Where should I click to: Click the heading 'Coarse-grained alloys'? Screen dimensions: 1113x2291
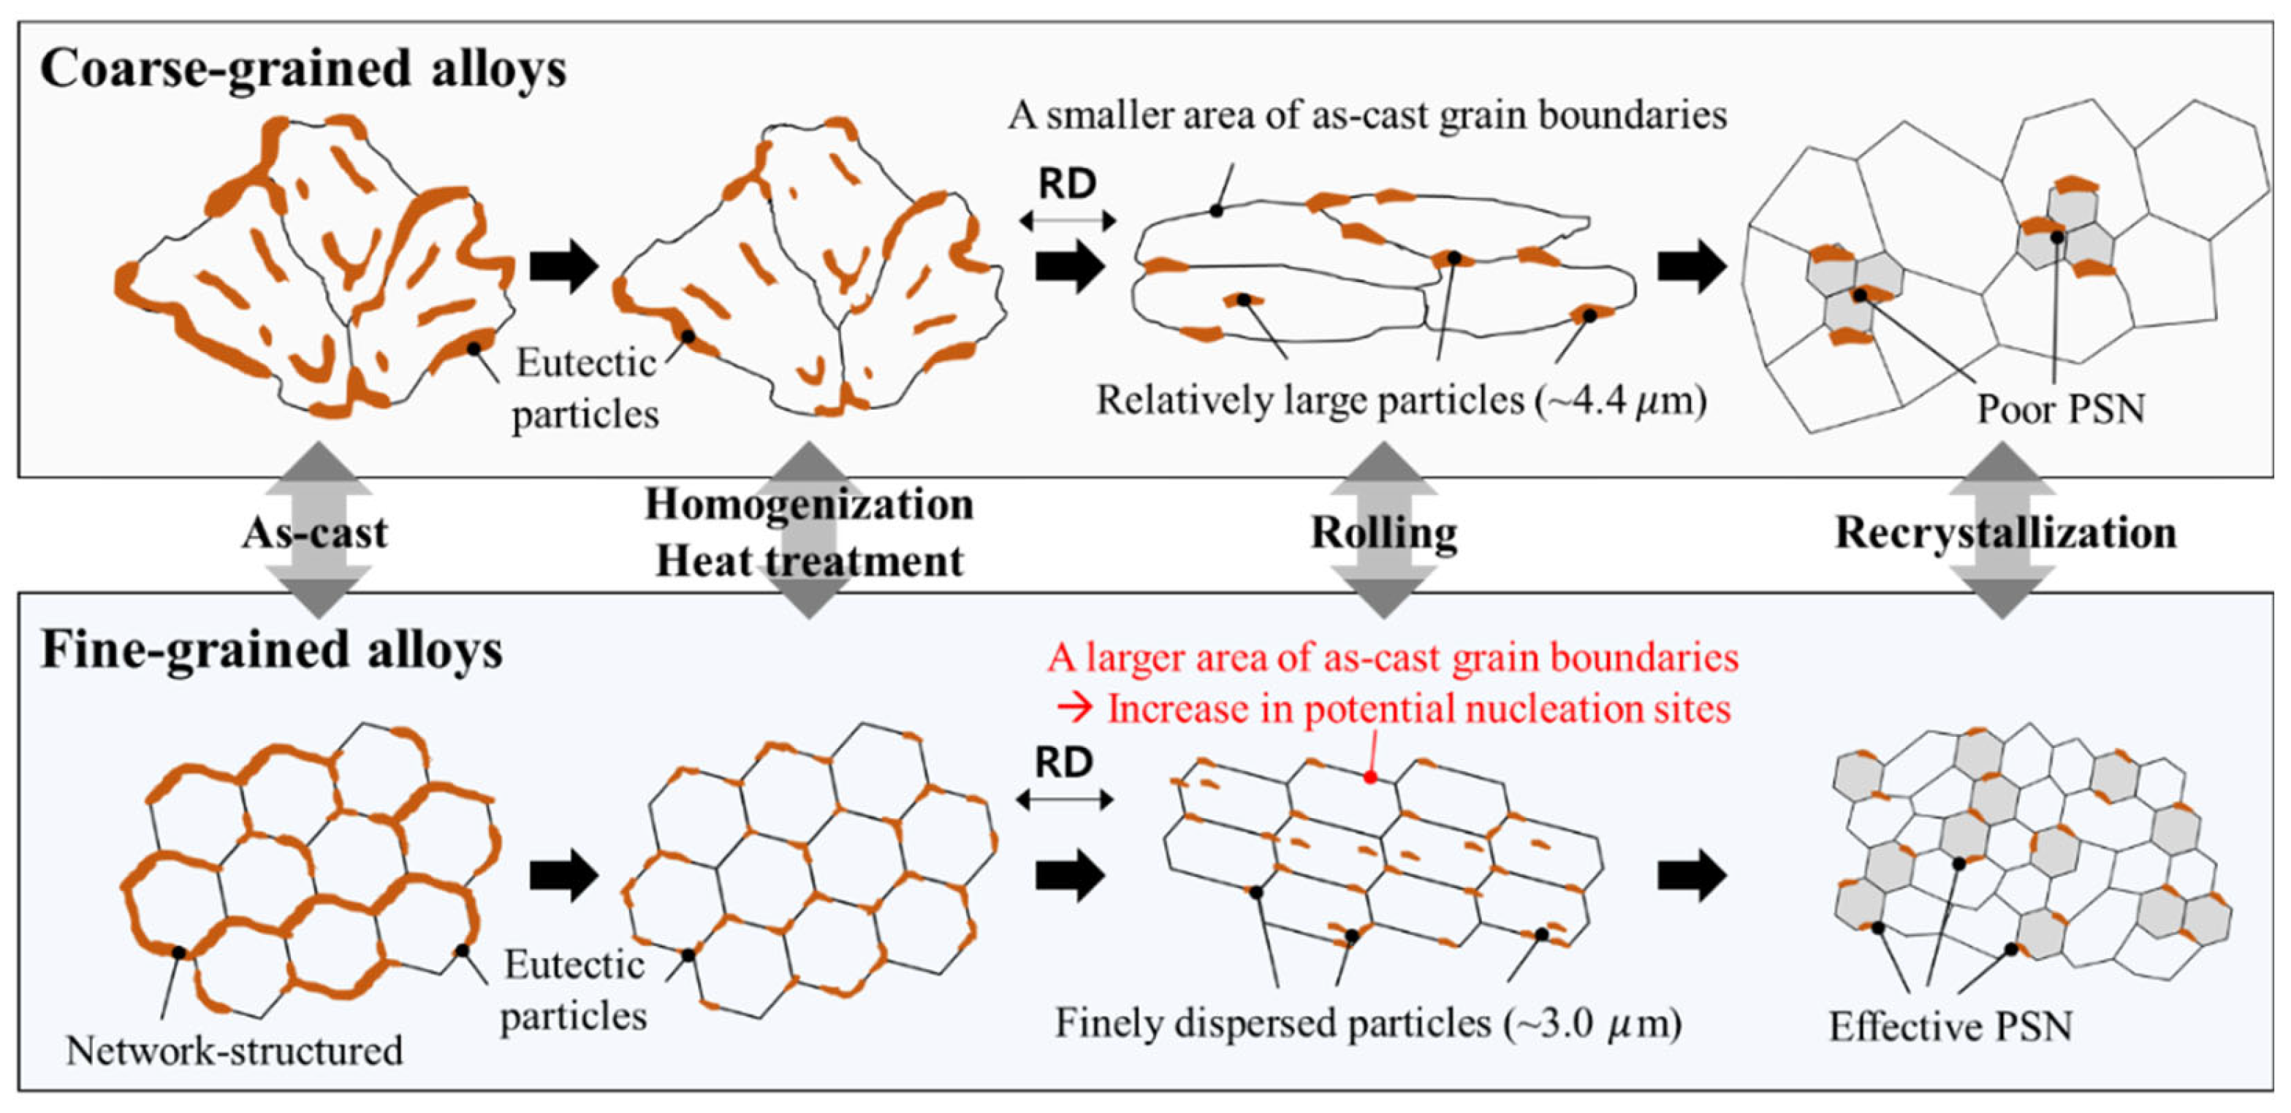tap(303, 69)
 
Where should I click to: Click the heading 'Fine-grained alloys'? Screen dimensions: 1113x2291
tap(271, 650)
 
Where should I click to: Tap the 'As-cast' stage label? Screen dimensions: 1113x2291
tap(315, 533)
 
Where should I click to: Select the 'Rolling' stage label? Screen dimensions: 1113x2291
tap(1384, 533)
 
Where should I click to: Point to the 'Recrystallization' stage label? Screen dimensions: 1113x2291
tap(2005, 533)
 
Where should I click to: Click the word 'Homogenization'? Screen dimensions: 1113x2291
tap(808, 505)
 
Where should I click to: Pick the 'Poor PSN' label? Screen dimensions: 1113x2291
tap(2061, 409)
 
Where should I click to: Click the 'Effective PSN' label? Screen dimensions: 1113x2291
tap(1950, 1027)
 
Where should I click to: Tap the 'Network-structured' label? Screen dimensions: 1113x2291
tap(234, 1051)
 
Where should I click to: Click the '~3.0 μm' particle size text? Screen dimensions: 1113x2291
tap(1592, 1023)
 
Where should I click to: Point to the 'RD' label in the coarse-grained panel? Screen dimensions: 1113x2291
tap(1067, 184)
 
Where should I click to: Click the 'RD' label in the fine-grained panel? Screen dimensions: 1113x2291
tap(1064, 762)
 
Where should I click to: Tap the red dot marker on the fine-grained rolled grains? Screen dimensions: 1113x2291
tap(1370, 777)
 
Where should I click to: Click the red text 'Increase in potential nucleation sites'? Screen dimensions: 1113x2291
tap(1418, 709)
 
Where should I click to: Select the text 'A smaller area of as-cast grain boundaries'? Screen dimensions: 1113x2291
tap(1367, 115)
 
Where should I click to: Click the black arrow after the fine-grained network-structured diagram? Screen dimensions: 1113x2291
tap(564, 876)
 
